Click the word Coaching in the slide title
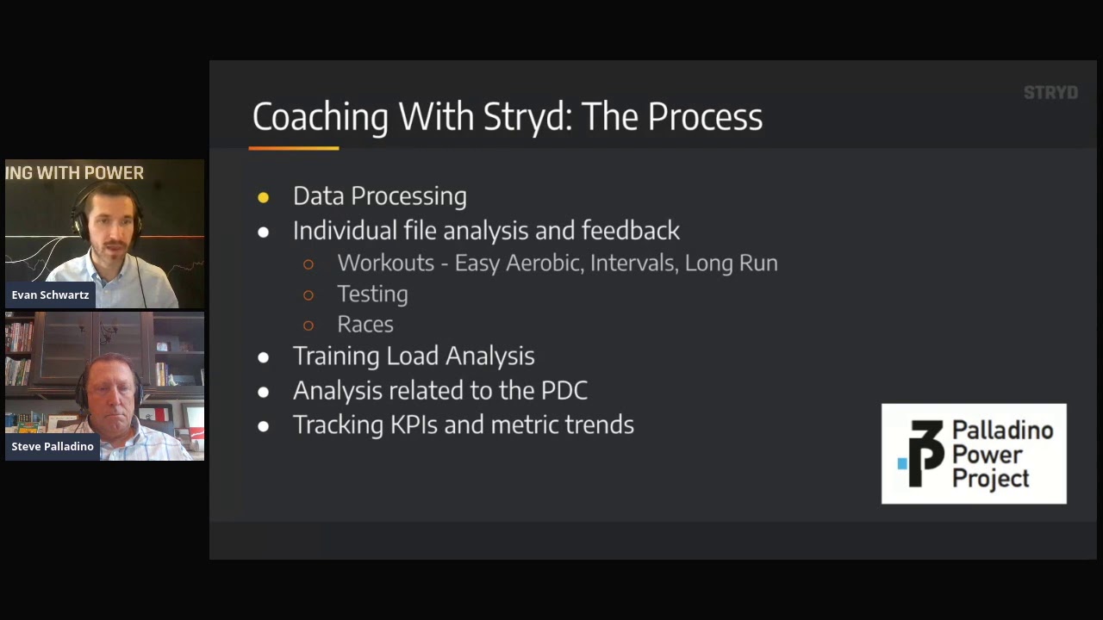pos(320,117)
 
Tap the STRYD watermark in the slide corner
pos(1050,93)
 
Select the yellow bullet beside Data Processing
pos(264,198)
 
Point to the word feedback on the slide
pos(630,231)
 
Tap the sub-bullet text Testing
pos(372,294)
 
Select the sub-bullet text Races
pos(365,325)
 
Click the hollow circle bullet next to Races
pos(308,325)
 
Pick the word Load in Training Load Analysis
pos(413,356)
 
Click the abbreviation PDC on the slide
pos(564,391)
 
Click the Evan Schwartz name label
pos(50,295)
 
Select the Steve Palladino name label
pos(53,447)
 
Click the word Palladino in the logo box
pos(1002,431)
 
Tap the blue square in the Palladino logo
pos(902,463)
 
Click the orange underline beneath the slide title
pos(294,148)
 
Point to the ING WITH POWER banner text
pos(74,173)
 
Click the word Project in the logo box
pos(991,478)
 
